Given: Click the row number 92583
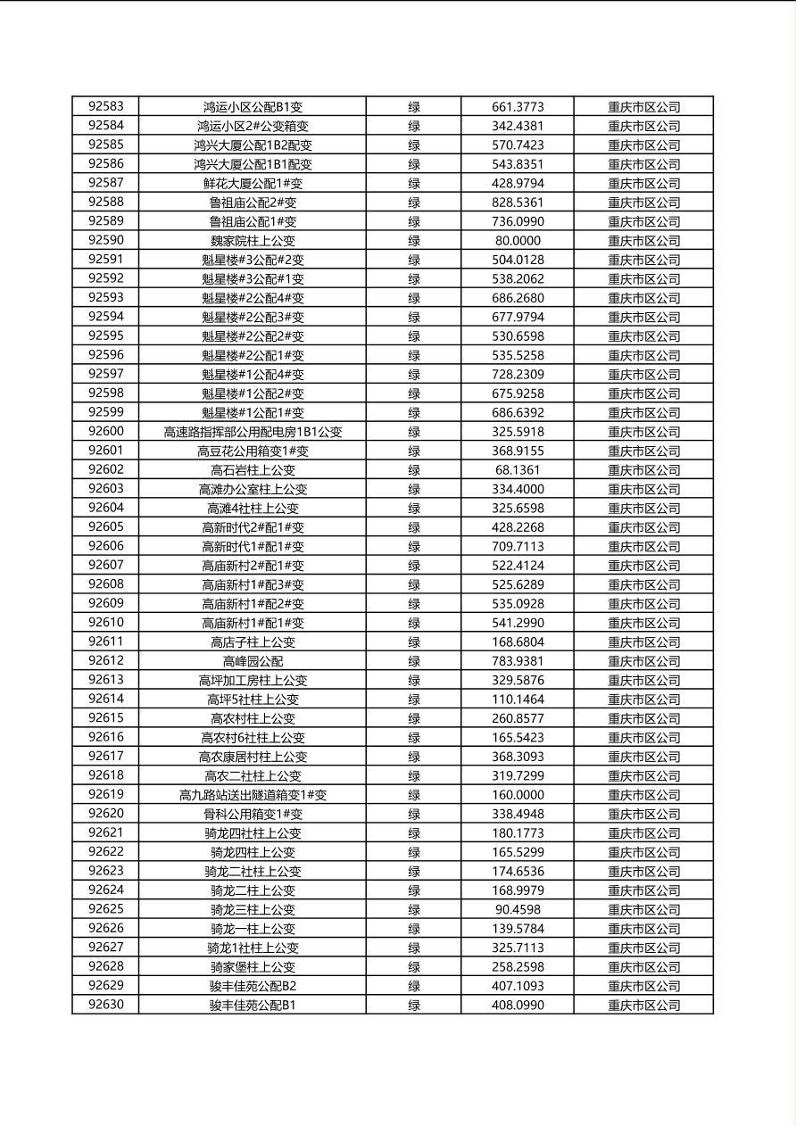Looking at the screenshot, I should point(106,107).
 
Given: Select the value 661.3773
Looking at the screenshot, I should point(518,107).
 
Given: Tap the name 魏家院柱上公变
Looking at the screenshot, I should point(253,241).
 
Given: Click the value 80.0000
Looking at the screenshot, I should point(518,241).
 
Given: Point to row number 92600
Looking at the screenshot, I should point(106,432).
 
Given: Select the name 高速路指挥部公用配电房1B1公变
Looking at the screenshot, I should point(253,432).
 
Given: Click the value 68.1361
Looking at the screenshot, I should point(518,470).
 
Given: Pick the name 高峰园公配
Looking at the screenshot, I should point(253,661).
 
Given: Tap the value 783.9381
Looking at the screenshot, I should point(518,661).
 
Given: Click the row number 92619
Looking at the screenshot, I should point(106,795).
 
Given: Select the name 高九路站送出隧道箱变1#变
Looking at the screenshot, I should point(253,795).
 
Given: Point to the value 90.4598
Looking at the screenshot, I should point(518,909).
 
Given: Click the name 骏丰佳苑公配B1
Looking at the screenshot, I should point(253,1006).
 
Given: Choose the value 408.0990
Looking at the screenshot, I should point(518,1006).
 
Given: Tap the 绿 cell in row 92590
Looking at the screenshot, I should point(414,241).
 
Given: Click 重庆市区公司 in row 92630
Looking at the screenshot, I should point(643,1006).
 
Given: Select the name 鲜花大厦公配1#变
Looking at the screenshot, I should point(253,184).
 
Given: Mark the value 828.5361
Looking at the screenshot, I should point(518,203).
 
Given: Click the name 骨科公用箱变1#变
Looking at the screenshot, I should point(253,814).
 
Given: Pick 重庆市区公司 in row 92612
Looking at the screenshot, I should point(643,661).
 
